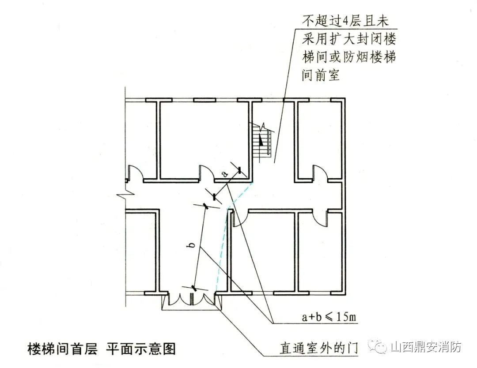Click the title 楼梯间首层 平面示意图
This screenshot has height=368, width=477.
[102, 349]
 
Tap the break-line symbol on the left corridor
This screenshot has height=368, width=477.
[123, 195]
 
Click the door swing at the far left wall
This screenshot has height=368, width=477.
[134, 173]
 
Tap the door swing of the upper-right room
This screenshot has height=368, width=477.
[320, 172]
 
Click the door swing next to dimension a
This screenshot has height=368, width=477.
[207, 173]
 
